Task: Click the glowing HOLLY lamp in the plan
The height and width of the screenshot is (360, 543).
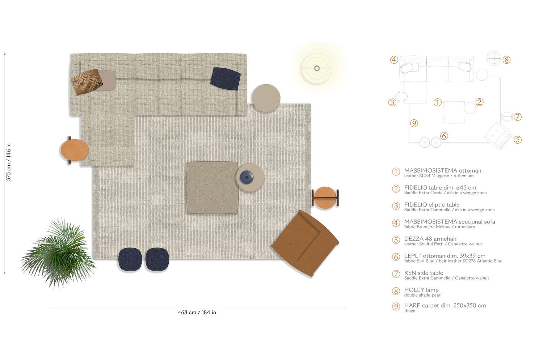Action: [x=317, y=68]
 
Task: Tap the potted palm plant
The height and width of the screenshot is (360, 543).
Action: [x=58, y=253]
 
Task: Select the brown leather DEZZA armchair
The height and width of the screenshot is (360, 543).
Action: [x=305, y=243]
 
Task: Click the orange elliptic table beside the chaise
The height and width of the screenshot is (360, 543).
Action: [x=74, y=150]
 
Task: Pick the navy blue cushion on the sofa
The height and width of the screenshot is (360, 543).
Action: [x=225, y=79]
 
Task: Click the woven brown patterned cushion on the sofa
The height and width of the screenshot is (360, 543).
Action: [x=87, y=82]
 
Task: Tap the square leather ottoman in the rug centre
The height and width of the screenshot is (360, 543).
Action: [x=212, y=187]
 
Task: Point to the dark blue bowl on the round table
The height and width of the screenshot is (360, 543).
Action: [x=247, y=177]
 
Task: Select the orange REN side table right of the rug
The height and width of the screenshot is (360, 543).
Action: [x=325, y=198]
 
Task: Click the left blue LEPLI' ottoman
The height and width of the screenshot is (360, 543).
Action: [x=131, y=259]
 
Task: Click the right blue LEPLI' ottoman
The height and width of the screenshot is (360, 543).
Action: [x=157, y=259]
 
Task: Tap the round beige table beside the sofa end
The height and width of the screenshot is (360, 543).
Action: [x=266, y=98]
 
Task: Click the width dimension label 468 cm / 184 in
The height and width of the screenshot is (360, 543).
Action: [x=197, y=312]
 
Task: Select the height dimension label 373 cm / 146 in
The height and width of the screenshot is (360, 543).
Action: [x=9, y=162]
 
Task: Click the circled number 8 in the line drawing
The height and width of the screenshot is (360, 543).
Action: [x=506, y=60]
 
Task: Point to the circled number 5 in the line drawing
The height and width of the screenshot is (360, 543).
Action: [x=518, y=140]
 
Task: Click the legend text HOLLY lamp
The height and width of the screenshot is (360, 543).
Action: [x=421, y=290]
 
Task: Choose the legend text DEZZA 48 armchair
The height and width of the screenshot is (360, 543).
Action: [x=430, y=239]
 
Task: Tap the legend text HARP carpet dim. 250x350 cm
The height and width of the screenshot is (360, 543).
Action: [x=445, y=305]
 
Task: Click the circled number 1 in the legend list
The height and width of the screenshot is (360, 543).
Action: [x=396, y=171]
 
